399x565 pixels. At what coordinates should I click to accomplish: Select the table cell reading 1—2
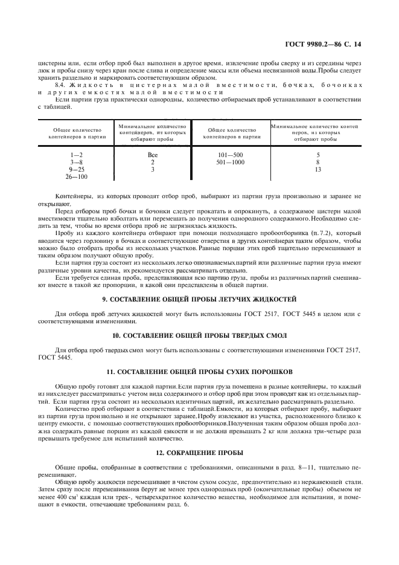point(76,155)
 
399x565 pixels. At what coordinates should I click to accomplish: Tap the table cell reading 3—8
point(76,162)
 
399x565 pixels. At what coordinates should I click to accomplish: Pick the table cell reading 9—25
point(76,169)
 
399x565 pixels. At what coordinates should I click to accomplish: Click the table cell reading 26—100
point(76,176)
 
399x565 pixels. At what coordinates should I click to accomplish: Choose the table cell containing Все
point(153,155)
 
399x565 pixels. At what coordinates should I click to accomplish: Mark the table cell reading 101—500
point(231,155)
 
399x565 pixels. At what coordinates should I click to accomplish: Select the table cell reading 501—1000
point(231,162)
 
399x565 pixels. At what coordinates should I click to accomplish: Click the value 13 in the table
point(318,169)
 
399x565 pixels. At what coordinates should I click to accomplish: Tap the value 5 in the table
point(318,155)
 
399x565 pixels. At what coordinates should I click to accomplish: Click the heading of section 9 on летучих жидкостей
point(199,299)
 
